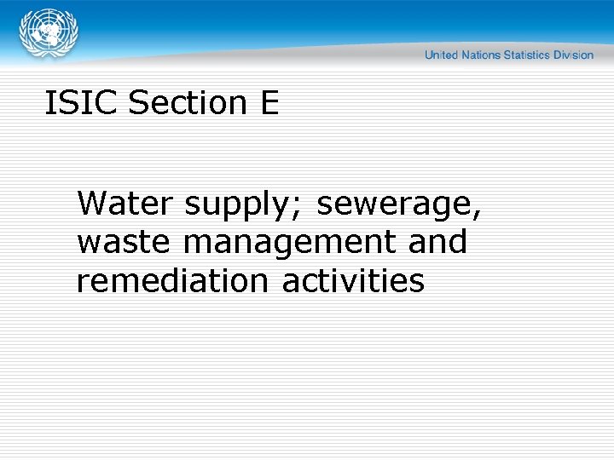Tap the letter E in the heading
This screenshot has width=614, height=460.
point(268,103)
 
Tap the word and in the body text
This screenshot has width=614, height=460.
point(437,242)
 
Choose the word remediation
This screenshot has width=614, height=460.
point(174,280)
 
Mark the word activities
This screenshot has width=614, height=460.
point(353,280)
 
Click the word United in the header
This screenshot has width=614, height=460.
point(442,55)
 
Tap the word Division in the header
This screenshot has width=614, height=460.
point(573,55)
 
